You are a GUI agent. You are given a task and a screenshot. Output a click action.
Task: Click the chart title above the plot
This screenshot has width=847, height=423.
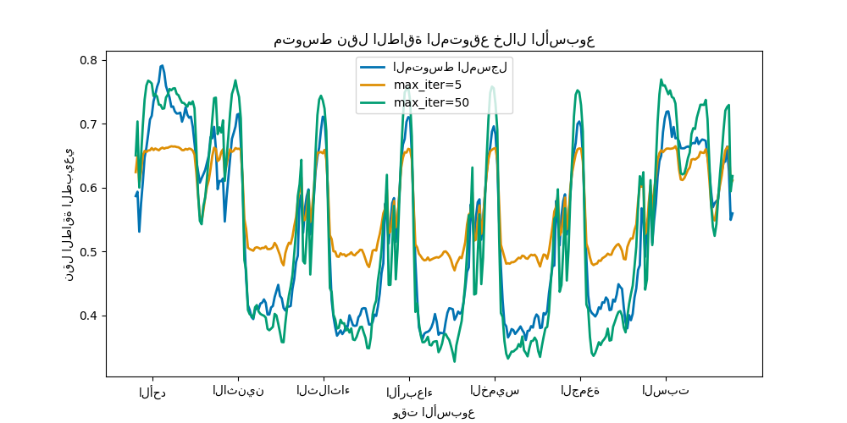pyautogui.click(x=434, y=40)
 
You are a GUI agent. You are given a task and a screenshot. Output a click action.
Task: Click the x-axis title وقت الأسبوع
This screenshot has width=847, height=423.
pyautogui.click(x=434, y=412)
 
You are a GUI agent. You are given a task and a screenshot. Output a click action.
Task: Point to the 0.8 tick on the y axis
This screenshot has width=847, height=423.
pyautogui.click(x=88, y=60)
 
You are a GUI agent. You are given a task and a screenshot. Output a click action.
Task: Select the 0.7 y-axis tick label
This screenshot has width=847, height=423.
pyautogui.click(x=88, y=124)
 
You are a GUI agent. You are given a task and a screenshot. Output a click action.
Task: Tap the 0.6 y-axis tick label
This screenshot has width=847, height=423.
pyautogui.click(x=88, y=188)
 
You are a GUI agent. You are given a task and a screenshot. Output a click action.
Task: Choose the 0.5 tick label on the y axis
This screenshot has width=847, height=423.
pyautogui.click(x=88, y=252)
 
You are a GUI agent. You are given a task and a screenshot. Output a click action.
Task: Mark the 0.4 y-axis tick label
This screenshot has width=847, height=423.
pyautogui.click(x=88, y=316)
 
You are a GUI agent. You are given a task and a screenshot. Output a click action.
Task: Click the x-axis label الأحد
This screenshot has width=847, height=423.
pyautogui.click(x=152, y=391)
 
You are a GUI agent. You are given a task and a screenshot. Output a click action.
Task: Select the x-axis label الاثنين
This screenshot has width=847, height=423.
pyautogui.click(x=238, y=390)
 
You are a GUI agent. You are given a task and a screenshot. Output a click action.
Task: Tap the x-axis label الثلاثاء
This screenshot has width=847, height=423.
pyautogui.click(x=324, y=390)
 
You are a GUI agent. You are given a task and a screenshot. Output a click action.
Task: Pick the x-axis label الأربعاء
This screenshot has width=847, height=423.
pyautogui.click(x=409, y=391)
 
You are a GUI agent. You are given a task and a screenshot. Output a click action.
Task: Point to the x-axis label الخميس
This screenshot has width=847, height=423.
pyautogui.click(x=495, y=390)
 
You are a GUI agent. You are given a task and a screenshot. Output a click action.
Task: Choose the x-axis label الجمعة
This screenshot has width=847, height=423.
pyautogui.click(x=580, y=390)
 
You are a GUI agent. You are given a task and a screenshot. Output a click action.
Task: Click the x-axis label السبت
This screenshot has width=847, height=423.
pyautogui.click(x=666, y=390)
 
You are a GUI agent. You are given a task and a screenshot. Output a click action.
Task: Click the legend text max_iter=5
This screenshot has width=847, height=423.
pyautogui.click(x=428, y=85)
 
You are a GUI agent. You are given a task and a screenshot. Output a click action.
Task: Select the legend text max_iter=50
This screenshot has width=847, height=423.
pyautogui.click(x=431, y=102)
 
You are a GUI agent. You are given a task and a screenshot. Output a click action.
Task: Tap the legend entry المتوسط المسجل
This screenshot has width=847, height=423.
pyautogui.click(x=450, y=67)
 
